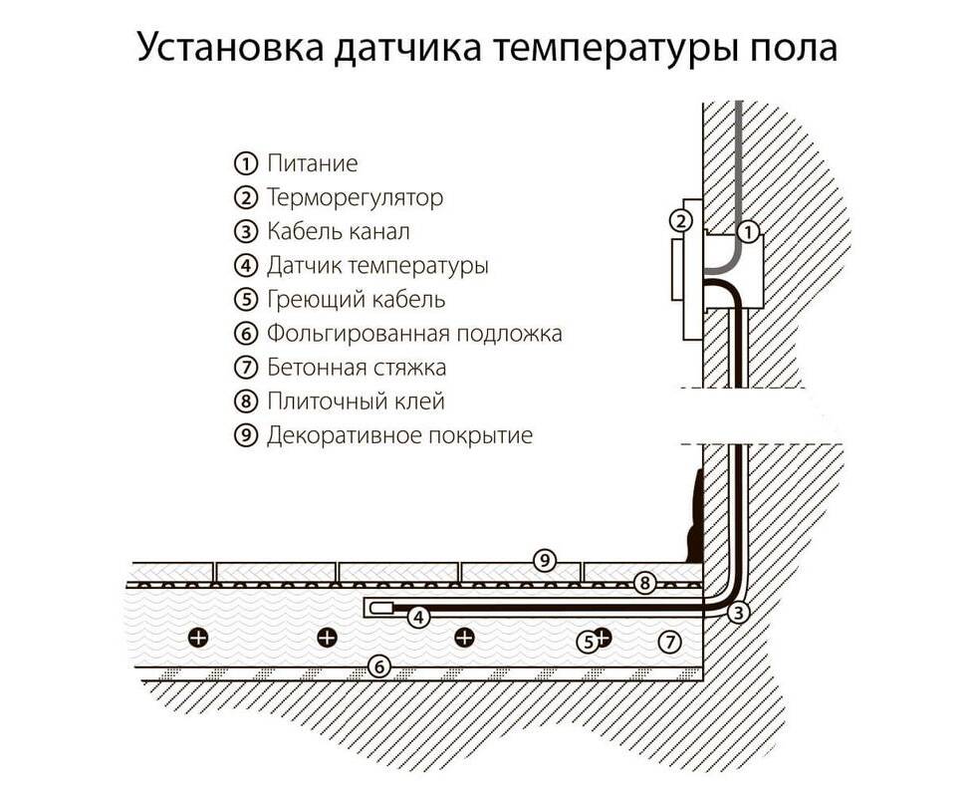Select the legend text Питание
click(312, 163)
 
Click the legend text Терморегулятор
click(355, 197)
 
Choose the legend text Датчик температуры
click(377, 266)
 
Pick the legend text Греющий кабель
click(356, 300)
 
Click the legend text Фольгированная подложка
click(414, 334)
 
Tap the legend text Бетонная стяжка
click(357, 368)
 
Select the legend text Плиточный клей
click(356, 402)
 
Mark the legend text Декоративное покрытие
click(399, 436)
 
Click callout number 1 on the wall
click(749, 232)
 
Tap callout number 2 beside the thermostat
click(681, 220)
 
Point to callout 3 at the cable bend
click(738, 614)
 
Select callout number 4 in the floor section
click(419, 618)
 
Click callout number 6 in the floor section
click(378, 666)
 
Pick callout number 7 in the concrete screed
click(670, 642)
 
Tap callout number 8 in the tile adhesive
click(644, 583)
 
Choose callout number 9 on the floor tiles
click(543, 560)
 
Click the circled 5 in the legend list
click(245, 300)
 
